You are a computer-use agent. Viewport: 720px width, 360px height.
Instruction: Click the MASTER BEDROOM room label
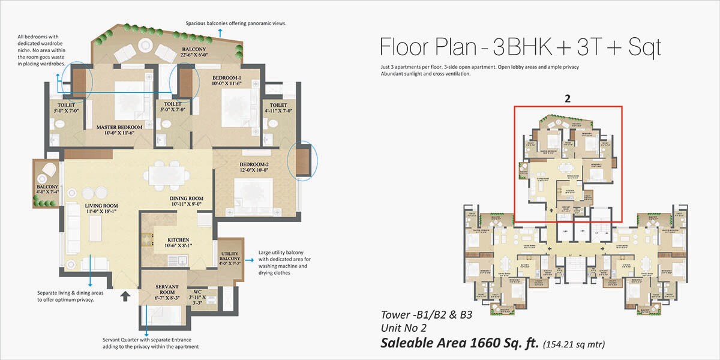click(x=119, y=127)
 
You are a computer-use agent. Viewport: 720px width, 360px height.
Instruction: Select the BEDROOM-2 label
click(x=241, y=164)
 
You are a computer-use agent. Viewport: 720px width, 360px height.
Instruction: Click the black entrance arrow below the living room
click(x=125, y=295)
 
